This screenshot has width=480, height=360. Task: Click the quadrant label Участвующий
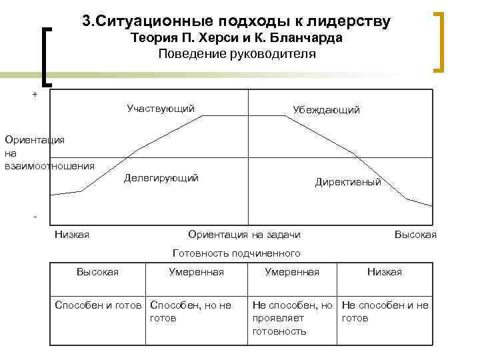pos(161,108)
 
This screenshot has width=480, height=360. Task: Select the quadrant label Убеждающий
pos(327,110)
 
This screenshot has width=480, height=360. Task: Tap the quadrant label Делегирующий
pos(161,178)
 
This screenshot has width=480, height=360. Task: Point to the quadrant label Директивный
pos(348,181)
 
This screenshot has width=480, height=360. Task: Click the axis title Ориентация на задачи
pos(244,234)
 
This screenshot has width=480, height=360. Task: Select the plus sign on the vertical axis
pos(35,95)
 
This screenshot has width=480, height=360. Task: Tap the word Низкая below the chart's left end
pos(72,234)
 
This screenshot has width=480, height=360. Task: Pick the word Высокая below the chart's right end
pos(415,234)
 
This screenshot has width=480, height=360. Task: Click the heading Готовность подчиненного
pos(237,253)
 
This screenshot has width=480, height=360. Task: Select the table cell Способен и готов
pos(99,305)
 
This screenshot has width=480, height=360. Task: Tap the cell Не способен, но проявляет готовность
pos(292,318)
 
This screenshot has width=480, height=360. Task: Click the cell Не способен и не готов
pos(385,311)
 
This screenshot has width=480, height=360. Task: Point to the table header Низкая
pos(385,271)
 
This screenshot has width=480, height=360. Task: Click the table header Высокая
pos(97,271)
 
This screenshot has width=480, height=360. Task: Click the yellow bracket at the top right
pos(441,40)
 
